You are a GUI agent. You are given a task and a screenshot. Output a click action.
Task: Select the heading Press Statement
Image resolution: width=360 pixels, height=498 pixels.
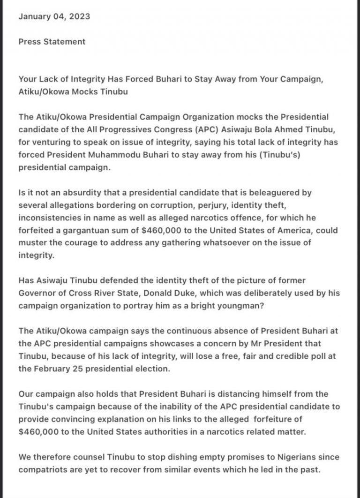point(52,41)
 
